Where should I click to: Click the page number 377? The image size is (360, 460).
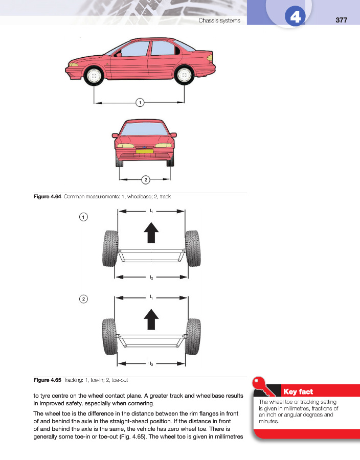(x=342, y=20)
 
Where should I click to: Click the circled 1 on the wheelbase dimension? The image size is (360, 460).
(x=139, y=103)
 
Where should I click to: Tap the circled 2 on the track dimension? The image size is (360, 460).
(x=145, y=179)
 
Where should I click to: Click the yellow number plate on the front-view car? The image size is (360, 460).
(x=145, y=151)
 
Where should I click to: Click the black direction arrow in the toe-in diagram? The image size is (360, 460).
(x=151, y=233)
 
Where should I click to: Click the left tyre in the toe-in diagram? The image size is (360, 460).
(x=110, y=248)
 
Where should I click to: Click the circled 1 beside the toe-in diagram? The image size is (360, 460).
(x=83, y=217)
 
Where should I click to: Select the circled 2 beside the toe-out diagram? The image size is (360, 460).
(x=83, y=299)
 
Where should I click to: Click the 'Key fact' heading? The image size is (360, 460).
(x=298, y=392)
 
